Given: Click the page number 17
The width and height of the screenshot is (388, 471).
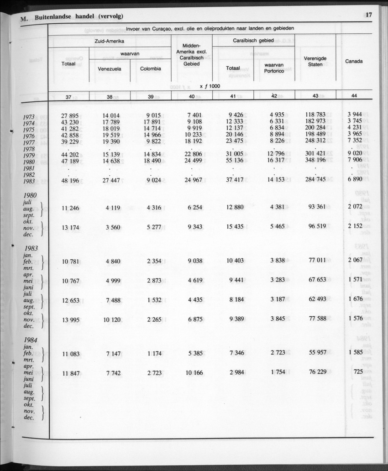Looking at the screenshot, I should [x=369, y=15].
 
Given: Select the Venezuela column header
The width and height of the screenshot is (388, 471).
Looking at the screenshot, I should [x=110, y=69].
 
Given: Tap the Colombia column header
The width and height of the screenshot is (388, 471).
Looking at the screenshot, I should [x=151, y=69].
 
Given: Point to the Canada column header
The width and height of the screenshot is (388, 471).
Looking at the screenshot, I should [x=354, y=61].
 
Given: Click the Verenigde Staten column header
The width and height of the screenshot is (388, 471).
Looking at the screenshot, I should [x=315, y=62].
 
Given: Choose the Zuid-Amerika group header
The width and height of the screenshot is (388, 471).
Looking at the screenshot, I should [x=109, y=41].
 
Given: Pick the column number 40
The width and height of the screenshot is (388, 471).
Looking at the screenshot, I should [x=192, y=96].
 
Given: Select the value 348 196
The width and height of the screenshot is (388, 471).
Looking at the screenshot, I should [x=315, y=162].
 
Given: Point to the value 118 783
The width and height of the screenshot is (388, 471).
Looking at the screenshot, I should [x=315, y=115].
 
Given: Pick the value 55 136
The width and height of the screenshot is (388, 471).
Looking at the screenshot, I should [x=233, y=162].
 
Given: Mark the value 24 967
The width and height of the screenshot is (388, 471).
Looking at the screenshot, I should [x=192, y=181].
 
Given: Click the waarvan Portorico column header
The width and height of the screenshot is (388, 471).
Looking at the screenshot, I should [x=274, y=68].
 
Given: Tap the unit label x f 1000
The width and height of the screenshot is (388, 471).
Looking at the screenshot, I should [x=210, y=86].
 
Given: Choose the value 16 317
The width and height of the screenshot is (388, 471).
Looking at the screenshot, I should [x=274, y=162].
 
